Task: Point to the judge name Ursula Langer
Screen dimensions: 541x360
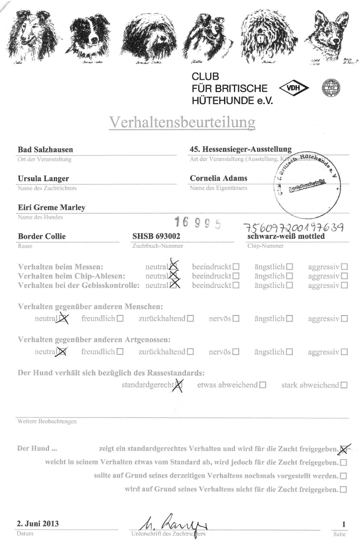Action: coord(43,178)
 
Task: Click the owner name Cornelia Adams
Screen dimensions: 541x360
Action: coord(218,178)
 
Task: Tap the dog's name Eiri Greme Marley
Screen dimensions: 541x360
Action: coord(52,207)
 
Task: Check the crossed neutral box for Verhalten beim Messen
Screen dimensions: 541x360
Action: coord(173,266)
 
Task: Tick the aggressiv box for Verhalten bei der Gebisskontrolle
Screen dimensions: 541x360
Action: coord(344,285)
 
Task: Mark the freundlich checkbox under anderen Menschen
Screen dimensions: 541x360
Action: coord(120,318)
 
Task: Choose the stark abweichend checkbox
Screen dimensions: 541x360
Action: coord(344,385)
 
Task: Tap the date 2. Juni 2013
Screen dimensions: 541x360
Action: coord(38,523)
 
